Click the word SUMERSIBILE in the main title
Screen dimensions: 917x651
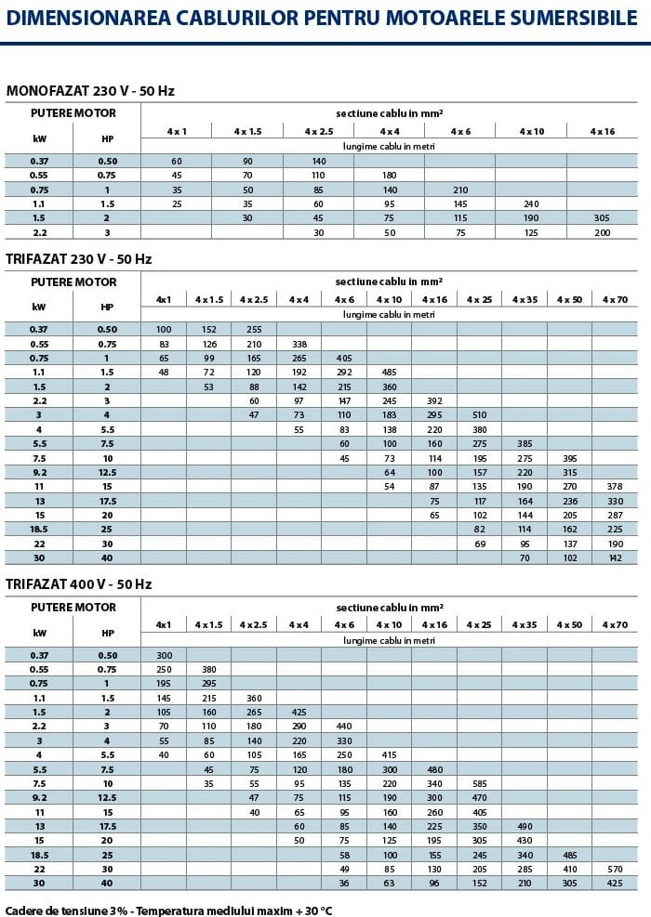(575, 19)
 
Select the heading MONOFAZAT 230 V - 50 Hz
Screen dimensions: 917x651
(90, 91)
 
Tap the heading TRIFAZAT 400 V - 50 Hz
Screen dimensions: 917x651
(79, 584)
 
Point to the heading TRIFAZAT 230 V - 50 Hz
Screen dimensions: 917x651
(79, 259)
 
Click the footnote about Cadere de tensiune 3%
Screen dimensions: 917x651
(168, 910)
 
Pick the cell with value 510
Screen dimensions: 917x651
(479, 415)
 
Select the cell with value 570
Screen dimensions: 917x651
(615, 869)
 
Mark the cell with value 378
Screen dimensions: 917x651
(615, 486)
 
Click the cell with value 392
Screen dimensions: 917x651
(434, 400)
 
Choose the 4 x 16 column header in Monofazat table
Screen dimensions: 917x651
(603, 132)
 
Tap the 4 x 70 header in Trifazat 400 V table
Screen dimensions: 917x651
(615, 625)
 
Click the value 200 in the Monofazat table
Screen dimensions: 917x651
(603, 232)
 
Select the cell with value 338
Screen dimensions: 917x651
(299, 344)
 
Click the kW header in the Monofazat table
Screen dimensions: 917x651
(39, 139)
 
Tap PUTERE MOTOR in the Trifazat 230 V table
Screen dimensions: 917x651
(73, 282)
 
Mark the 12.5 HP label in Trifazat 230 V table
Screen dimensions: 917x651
(107, 472)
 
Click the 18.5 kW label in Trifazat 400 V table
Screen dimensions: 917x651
(39, 855)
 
